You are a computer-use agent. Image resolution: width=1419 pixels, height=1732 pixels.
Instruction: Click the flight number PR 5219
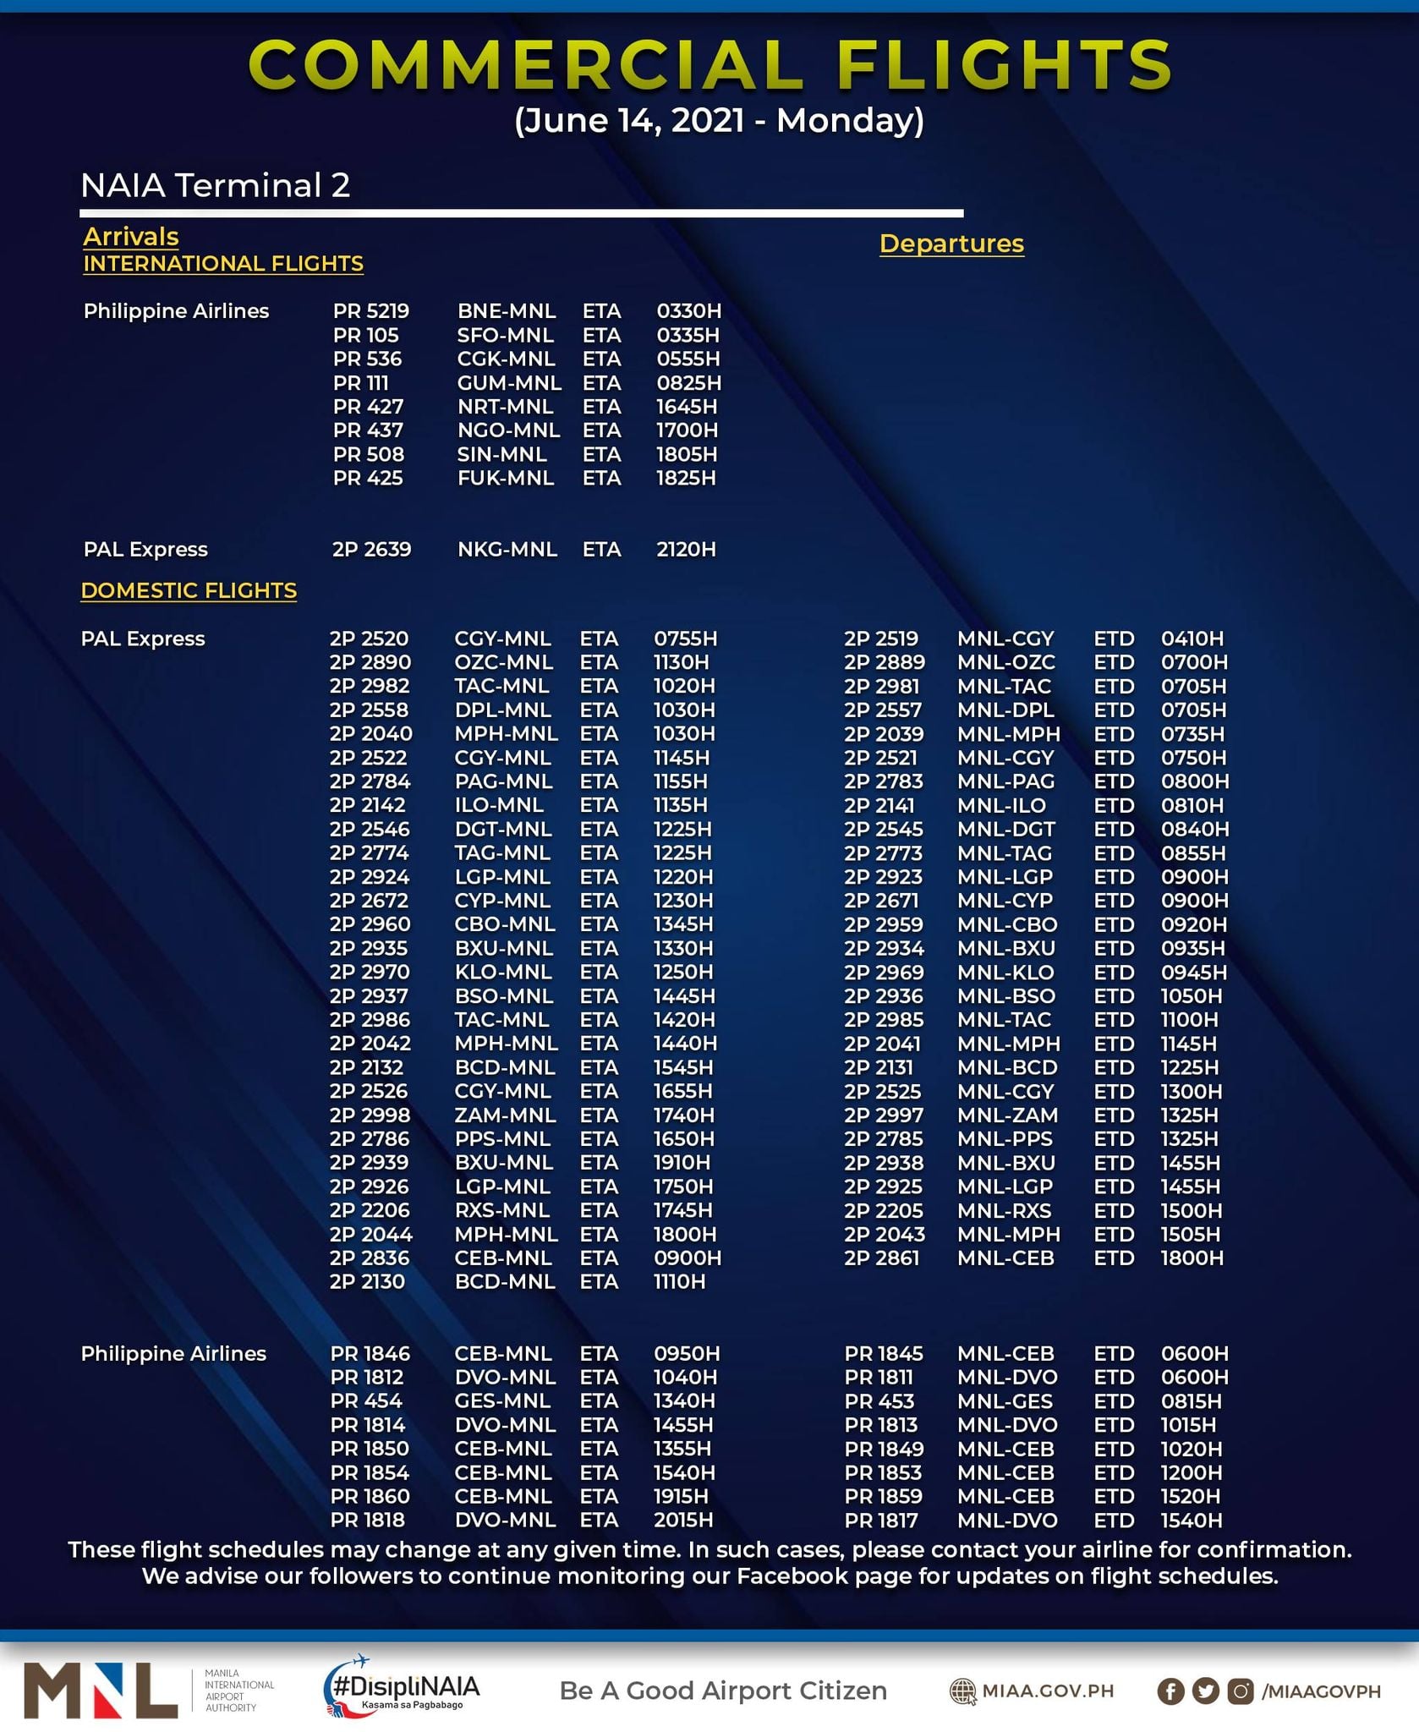pyautogui.click(x=370, y=311)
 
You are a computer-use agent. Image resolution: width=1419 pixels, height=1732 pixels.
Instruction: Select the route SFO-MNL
pyautogui.click(x=505, y=335)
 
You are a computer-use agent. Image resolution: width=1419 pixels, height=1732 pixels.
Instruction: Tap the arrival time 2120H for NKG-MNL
pyautogui.click(x=686, y=550)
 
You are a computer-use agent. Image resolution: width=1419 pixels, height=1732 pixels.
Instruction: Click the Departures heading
pyautogui.click(x=951, y=244)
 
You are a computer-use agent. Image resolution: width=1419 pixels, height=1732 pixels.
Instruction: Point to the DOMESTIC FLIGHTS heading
pyautogui.click(x=189, y=590)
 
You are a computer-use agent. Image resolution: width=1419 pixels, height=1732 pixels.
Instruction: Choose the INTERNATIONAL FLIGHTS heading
pyautogui.click(x=223, y=264)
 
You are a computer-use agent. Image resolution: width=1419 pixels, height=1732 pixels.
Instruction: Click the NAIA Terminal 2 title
pyautogui.click(x=215, y=185)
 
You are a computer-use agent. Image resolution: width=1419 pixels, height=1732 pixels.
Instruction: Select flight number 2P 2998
pyautogui.click(x=370, y=1115)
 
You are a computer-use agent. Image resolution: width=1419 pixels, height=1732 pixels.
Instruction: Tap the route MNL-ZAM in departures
pyautogui.click(x=1007, y=1115)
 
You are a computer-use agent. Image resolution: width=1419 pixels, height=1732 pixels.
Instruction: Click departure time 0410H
pyautogui.click(x=1192, y=639)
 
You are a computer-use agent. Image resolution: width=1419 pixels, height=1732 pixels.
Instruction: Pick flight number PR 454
pyautogui.click(x=366, y=1401)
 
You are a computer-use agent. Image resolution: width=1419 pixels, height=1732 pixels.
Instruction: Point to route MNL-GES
pyautogui.click(x=1006, y=1401)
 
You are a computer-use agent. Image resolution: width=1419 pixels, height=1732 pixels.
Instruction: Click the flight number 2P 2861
pyautogui.click(x=881, y=1258)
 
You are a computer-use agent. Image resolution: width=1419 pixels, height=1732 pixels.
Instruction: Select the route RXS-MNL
pyautogui.click(x=504, y=1210)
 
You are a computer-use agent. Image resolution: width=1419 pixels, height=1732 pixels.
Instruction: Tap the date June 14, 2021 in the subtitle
pyautogui.click(x=629, y=121)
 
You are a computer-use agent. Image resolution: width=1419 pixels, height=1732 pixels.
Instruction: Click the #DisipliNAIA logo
pyautogui.click(x=402, y=1689)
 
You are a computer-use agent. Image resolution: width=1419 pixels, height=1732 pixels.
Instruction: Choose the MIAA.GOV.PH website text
pyautogui.click(x=1047, y=1691)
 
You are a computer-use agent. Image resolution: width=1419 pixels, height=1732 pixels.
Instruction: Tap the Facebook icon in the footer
pyautogui.click(x=1170, y=1691)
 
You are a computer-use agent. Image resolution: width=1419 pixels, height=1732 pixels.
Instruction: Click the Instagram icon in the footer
pyautogui.click(x=1240, y=1691)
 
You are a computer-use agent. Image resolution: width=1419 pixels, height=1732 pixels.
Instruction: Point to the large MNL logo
pyautogui.click(x=101, y=1690)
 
